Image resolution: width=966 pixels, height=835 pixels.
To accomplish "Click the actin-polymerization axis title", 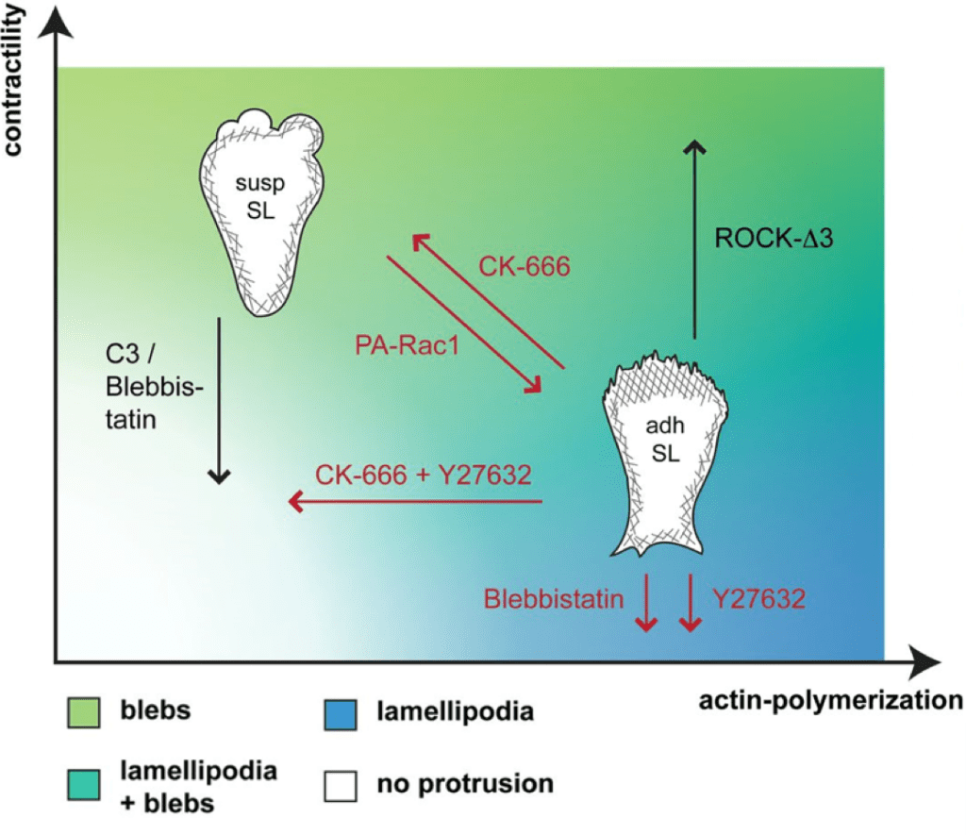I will [x=830, y=700].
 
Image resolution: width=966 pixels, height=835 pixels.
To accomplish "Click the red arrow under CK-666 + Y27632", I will [x=415, y=502].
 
